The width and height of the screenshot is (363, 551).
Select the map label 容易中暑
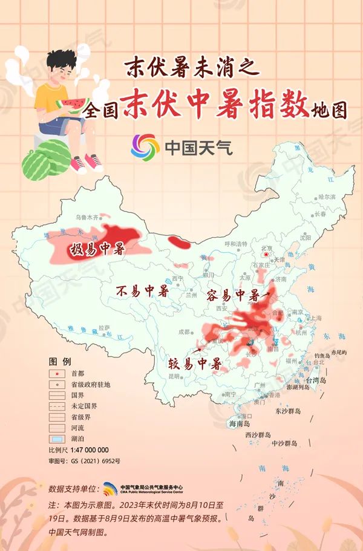pyautogui.click(x=233, y=296)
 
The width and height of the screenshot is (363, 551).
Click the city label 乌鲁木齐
pyautogui.click(x=86, y=216)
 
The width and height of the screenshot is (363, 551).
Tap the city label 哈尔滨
pyautogui.click(x=327, y=197)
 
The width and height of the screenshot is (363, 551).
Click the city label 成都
pyautogui.click(x=184, y=331)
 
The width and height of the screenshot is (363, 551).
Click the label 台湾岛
pyautogui.click(x=315, y=380)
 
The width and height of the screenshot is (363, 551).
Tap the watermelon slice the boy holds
pyautogui.click(x=73, y=105)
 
